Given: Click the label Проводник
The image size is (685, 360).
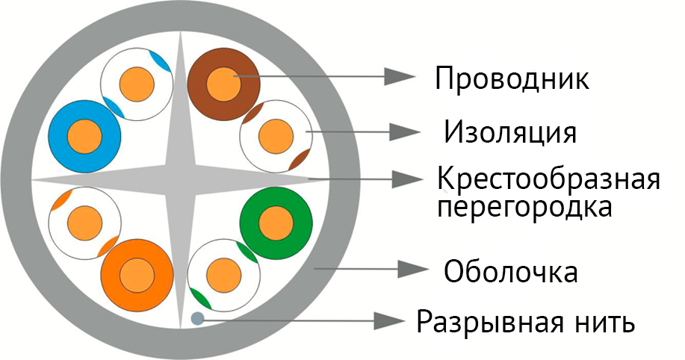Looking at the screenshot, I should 512,78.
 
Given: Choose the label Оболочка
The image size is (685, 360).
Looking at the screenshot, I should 511,271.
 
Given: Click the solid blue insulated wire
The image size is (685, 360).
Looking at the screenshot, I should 84,137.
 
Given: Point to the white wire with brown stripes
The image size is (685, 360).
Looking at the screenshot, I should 275,136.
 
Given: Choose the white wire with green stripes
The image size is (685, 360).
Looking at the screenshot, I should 223,274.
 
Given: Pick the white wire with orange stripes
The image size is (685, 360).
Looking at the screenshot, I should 83,221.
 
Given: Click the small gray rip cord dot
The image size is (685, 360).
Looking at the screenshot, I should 197,319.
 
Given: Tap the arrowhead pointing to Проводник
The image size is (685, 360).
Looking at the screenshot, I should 400,75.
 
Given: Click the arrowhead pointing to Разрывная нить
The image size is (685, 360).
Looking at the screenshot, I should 396,320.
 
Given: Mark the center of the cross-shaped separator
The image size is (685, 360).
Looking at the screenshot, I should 180,179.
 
